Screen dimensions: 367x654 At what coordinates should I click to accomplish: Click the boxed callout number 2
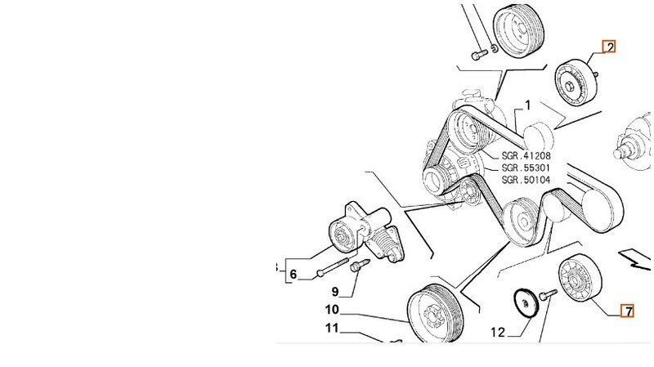[608, 47]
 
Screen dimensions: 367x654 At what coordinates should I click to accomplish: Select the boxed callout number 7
[627, 311]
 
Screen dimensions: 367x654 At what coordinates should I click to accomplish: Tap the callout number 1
[527, 105]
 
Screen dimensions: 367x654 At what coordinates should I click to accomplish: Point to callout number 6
[292, 275]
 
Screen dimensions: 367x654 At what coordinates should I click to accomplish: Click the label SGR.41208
[526, 155]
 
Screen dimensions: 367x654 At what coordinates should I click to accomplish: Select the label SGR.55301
[526, 168]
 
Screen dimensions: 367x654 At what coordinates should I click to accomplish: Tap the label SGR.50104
[526, 180]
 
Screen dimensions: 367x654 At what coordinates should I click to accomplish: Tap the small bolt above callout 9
[357, 265]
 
